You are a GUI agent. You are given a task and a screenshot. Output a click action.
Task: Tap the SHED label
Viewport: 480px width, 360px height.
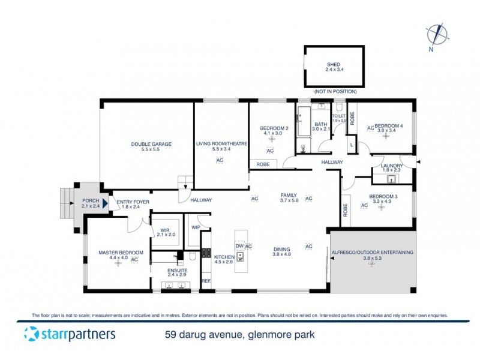pyautogui.click(x=333, y=65)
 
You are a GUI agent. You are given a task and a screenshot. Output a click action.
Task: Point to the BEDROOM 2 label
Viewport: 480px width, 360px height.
pyautogui.click(x=275, y=128)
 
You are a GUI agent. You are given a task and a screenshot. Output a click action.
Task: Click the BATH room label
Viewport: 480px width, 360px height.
pyautogui.click(x=321, y=125)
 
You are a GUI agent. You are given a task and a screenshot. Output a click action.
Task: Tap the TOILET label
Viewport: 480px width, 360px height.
pyautogui.click(x=339, y=116)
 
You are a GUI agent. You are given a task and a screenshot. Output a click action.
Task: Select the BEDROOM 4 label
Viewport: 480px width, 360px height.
pyautogui.click(x=389, y=126)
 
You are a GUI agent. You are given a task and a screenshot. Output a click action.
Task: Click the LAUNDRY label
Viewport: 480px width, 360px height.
pyautogui.click(x=391, y=166)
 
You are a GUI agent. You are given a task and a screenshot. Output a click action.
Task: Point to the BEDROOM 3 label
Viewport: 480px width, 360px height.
pyautogui.click(x=383, y=197)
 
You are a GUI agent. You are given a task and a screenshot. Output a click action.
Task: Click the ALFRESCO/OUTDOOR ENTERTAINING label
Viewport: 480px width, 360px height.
pyautogui.click(x=372, y=253)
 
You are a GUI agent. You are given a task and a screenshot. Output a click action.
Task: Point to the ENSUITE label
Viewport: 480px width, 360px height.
pyautogui.click(x=177, y=271)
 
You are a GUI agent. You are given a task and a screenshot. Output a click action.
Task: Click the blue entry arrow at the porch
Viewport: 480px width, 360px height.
pyautogui.click(x=106, y=203)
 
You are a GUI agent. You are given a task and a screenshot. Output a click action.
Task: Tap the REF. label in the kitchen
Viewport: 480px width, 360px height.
pyautogui.click(x=206, y=281)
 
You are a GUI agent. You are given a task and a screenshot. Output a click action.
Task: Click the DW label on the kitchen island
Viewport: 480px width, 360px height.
pyautogui.click(x=239, y=246)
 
